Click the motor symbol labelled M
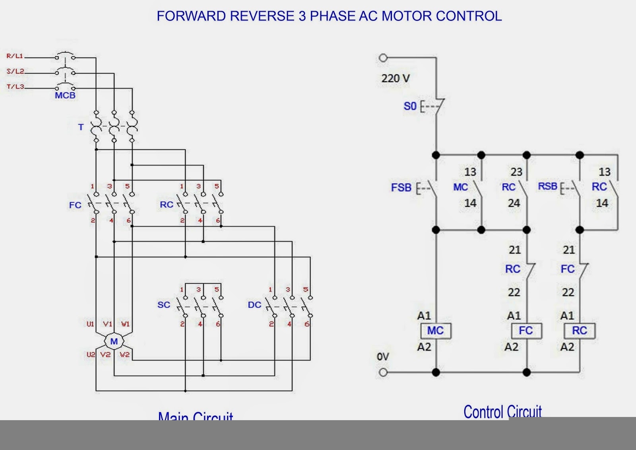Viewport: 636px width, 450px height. pos(114,341)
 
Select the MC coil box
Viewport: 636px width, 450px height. pos(436,331)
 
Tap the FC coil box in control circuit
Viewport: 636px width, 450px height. pos(526,331)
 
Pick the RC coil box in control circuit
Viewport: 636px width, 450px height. pos(580,331)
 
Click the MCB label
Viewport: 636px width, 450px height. pos(65,95)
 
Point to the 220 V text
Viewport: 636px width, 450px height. pos(396,78)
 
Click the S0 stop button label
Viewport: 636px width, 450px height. pos(410,106)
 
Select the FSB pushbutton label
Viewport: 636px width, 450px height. pos(401,187)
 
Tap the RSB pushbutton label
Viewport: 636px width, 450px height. pos(547,186)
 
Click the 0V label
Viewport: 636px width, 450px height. pos(383,356)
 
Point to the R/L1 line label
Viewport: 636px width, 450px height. pos(15,56)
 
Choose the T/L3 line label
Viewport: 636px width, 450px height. pos(16,86)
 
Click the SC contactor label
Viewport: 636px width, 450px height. pos(164,305)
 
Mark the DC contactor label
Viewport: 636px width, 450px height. pos(254,305)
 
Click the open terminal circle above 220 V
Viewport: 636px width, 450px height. pos(383,58)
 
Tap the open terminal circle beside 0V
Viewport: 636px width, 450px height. pos(383,372)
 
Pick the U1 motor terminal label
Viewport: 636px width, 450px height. pos(90,324)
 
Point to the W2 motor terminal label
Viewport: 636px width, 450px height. pos(125,354)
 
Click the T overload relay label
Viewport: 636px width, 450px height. pos(81,127)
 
